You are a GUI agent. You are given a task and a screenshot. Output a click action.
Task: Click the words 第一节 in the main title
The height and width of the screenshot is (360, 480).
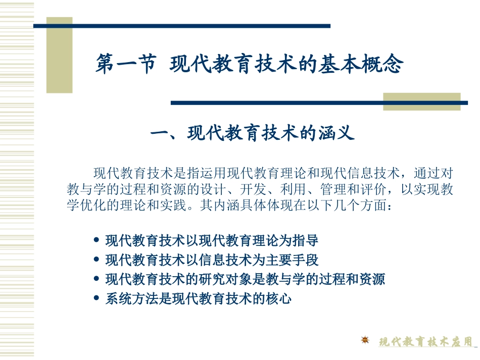(x=125, y=65)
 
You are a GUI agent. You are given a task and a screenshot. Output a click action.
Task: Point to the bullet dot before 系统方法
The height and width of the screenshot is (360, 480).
(x=97, y=298)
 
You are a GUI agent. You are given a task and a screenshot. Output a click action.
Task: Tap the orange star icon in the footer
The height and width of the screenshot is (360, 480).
(x=365, y=340)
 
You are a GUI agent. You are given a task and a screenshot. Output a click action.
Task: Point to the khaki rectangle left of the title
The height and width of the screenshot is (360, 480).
(x=60, y=56)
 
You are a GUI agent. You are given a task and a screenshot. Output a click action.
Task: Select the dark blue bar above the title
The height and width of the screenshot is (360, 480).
(x=182, y=26)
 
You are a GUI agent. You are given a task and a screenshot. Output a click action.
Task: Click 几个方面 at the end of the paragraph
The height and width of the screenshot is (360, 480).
(x=361, y=207)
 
